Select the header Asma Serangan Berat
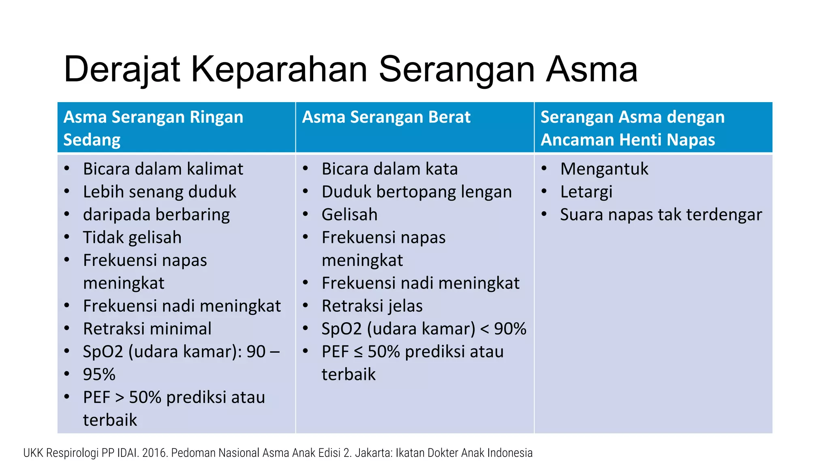[x=386, y=117]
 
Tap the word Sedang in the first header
[x=92, y=140]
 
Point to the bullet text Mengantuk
[x=604, y=169]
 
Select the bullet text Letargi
[x=586, y=192]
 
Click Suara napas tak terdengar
[x=661, y=215]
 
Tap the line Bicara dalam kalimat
[x=163, y=169]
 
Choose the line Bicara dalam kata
[x=389, y=169]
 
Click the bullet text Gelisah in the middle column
[x=349, y=215]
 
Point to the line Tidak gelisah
[x=132, y=238]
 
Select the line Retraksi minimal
[x=147, y=329]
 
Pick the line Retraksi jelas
[x=372, y=306]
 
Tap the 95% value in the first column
[x=99, y=375]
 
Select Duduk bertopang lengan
[x=417, y=192]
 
